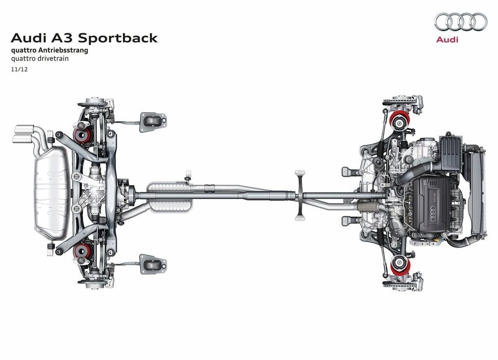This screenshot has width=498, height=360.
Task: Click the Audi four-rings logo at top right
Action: pyautogui.click(x=461, y=21)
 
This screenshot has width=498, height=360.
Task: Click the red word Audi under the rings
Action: pyautogui.click(x=447, y=40)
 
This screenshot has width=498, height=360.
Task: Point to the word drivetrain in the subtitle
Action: pyautogui.click(x=51, y=58)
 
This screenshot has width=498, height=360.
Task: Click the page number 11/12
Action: pyautogui.click(x=19, y=69)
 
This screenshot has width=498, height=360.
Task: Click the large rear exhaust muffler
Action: pyautogui.click(x=52, y=193)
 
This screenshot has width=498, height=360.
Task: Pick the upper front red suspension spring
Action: pyautogui.click(x=399, y=121)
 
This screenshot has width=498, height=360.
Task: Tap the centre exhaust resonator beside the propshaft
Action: pyautogui.click(x=170, y=197)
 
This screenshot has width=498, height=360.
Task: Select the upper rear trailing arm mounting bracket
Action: pyautogui.click(x=153, y=122)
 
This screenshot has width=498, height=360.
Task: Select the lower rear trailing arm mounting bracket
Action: pyautogui.click(x=153, y=264)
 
